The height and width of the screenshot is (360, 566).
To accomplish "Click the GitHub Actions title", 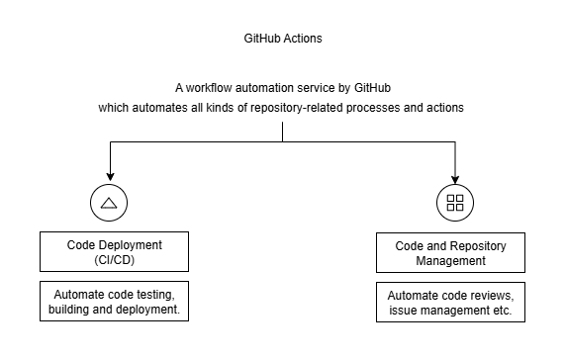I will click(x=283, y=39).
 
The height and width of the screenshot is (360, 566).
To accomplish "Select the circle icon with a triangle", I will click(x=109, y=203).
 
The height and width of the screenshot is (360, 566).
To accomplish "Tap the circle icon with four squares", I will click(x=455, y=203).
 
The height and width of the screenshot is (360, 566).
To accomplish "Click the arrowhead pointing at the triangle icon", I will click(x=109, y=177).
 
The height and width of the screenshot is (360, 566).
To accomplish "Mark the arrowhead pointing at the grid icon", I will click(x=455, y=177).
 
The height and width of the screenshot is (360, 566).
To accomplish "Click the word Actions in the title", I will click(x=302, y=39).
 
